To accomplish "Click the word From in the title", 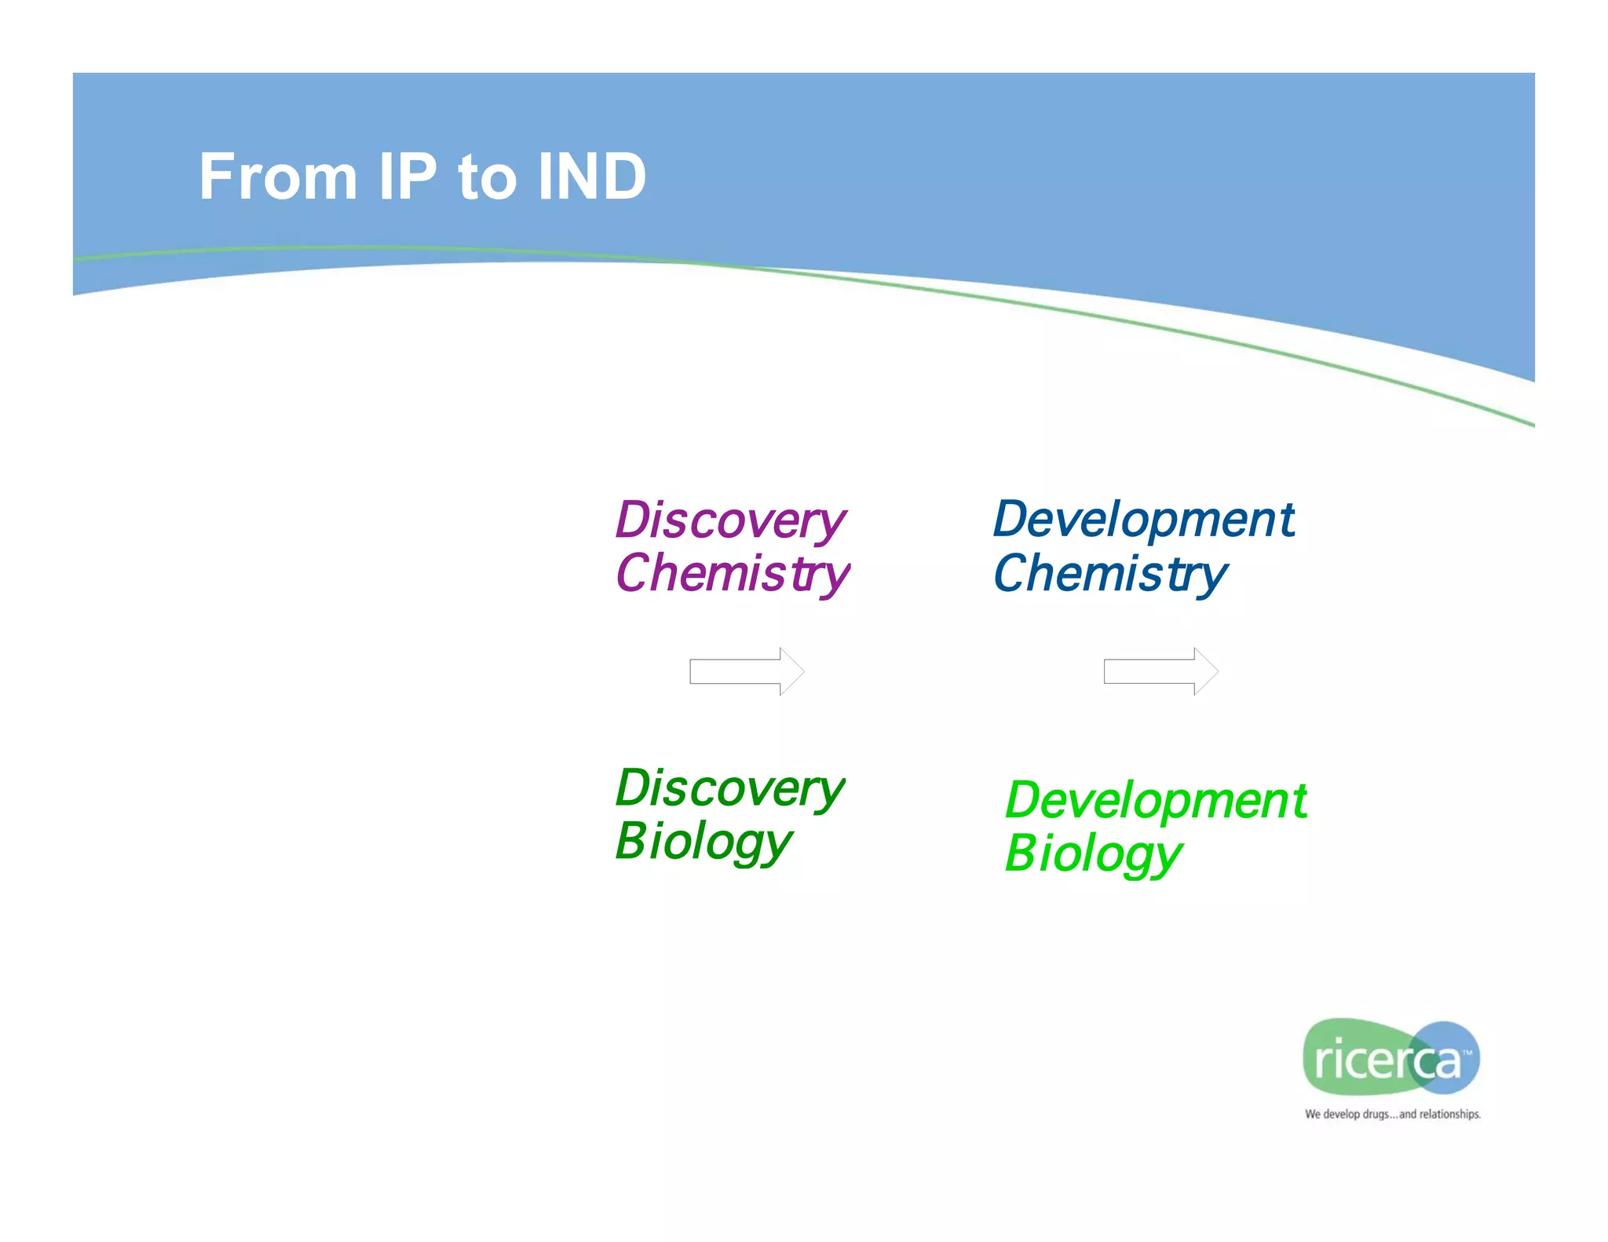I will coord(278,177).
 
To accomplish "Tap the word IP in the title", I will coord(407,177).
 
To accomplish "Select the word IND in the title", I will coord(592,177).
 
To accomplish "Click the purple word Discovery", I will coord(730,521).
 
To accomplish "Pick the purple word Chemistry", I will coord(732,574).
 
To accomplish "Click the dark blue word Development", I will coord(1143,521).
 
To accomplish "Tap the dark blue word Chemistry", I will coord(1109,574).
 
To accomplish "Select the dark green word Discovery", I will coord(730,788).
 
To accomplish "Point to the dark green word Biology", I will coord(703,842).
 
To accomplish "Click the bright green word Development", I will coord(1156,802).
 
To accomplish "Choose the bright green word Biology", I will coord(1093,855).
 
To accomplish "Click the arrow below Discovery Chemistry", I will coord(747,671).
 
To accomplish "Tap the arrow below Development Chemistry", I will coord(1160,671).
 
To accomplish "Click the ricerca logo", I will coord(1390,1058).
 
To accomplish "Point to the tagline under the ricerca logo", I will coord(1392,1114).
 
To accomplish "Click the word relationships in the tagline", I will coord(1449,1114).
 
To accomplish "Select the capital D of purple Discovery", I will coord(633,521).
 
